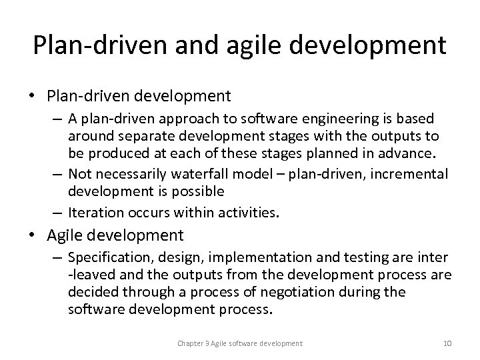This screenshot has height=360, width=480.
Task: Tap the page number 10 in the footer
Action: click(x=447, y=343)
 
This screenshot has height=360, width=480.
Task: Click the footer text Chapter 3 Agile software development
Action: click(x=239, y=343)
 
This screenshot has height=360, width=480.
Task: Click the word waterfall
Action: click(x=199, y=175)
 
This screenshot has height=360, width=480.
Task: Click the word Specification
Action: click(x=106, y=257)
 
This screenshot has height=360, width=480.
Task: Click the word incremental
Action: click(x=410, y=175)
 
